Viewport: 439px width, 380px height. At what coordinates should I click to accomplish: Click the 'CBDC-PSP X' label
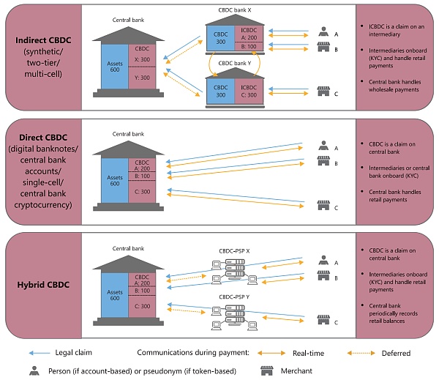[x=233, y=248]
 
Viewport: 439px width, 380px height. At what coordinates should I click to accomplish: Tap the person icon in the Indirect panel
[x=323, y=33]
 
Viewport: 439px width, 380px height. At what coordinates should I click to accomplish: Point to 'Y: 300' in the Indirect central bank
[x=141, y=78]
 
